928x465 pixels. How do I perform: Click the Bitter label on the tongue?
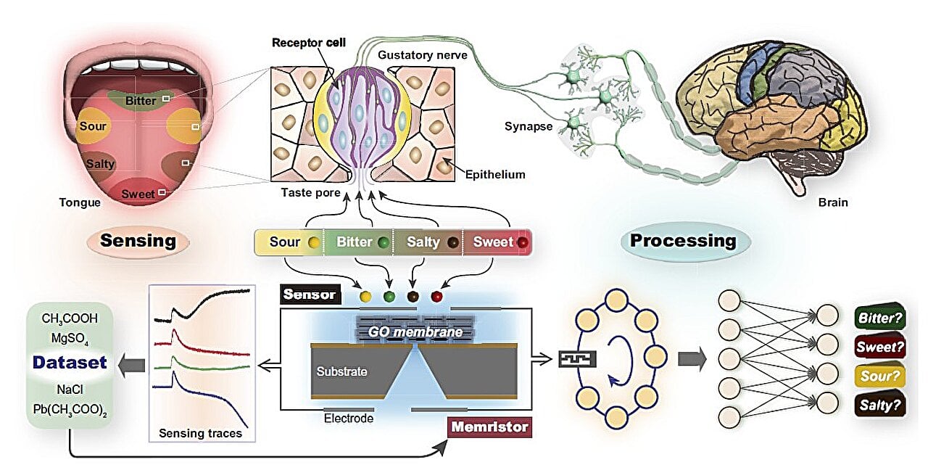141,100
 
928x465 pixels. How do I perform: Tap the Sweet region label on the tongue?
138,194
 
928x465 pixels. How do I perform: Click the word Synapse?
529,126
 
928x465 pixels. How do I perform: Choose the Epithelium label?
496,175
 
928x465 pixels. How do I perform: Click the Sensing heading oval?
138,241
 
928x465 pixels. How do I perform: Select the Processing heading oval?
682,241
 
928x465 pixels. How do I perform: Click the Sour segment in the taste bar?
288,242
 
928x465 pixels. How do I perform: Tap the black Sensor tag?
310,295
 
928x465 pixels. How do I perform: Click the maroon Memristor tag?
489,427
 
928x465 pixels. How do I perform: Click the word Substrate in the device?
341,371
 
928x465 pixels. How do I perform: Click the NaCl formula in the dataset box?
70,389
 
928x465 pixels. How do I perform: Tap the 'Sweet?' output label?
880,347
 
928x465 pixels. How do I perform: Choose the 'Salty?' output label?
880,405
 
